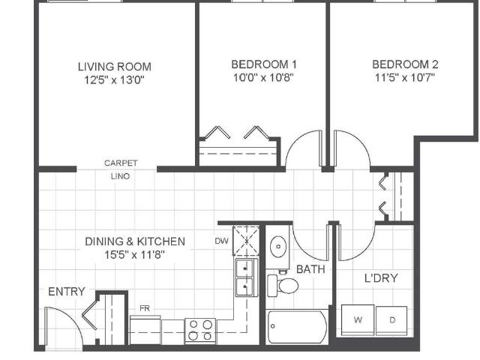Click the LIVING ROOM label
click(115, 66)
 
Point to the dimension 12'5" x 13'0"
click(115, 79)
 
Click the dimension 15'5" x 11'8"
click(134, 254)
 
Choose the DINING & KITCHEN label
click(134, 241)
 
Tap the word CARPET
click(121, 163)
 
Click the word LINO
click(121, 176)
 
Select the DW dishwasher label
click(221, 241)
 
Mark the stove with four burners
click(200, 330)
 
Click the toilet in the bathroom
click(284, 285)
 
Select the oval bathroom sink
click(277, 246)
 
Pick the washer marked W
click(358, 319)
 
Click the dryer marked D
click(391, 319)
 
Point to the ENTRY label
click(67, 292)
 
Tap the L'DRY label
click(380, 278)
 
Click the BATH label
click(310, 268)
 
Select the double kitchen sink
click(244, 277)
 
